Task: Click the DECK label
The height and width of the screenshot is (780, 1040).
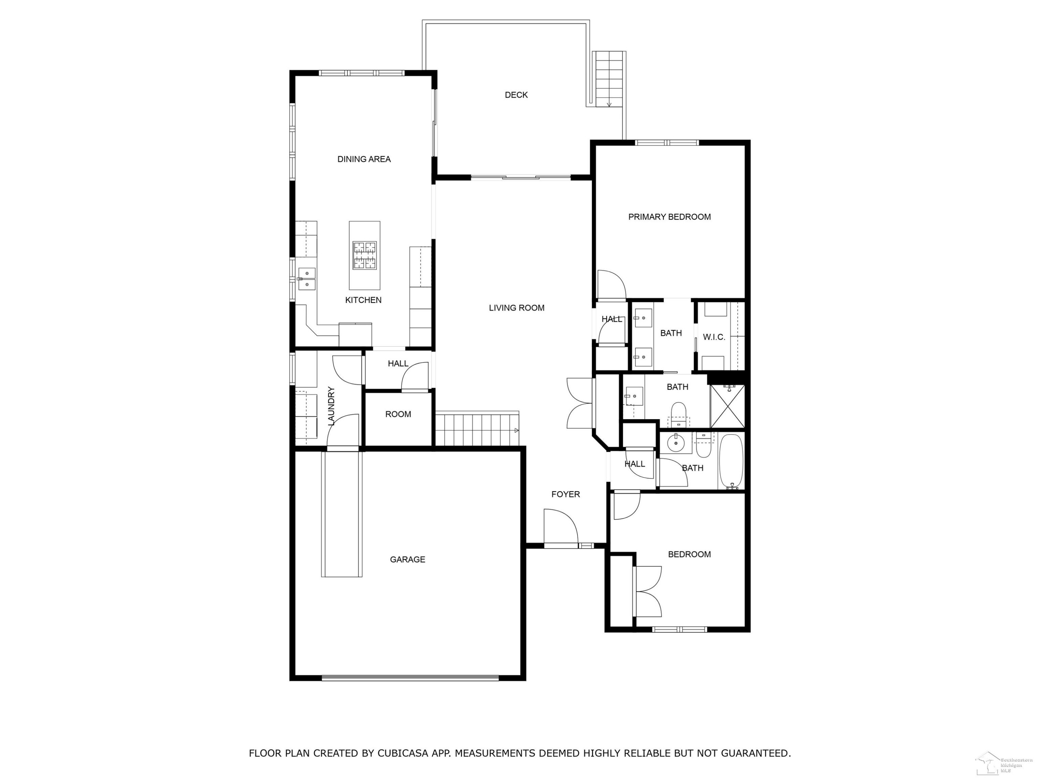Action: pos(516,95)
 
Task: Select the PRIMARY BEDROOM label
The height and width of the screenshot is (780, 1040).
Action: pos(669,217)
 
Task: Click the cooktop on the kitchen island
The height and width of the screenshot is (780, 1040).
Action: pos(365,255)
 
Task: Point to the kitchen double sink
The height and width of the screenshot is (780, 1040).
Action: pos(306,279)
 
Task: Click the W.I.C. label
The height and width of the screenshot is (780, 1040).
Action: pos(714,337)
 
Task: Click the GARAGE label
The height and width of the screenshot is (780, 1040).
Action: pos(408,560)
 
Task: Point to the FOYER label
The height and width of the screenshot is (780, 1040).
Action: pos(566,494)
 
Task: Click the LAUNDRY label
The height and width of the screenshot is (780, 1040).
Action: pos(331,406)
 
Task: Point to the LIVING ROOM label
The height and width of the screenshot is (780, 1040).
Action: pos(517,308)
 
